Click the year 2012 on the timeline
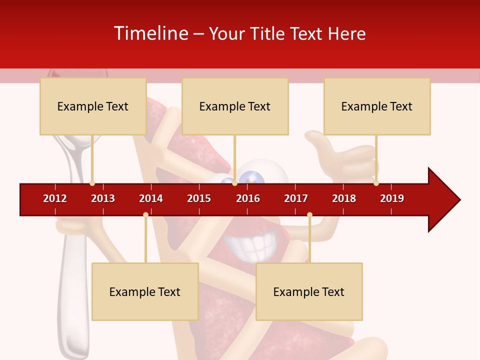tap(55, 198)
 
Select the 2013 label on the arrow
tap(103, 198)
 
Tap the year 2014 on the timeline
tap(151, 198)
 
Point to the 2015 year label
tap(199, 198)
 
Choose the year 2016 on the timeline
tap(248, 198)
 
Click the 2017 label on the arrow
tap(296, 198)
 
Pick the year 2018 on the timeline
tap(344, 198)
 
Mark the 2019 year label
tap(392, 198)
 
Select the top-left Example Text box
tap(93, 106)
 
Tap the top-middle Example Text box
tap(235, 106)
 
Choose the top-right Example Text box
tap(377, 106)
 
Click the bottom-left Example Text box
tap(145, 292)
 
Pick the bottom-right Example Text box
tap(309, 292)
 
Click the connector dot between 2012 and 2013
tap(92, 183)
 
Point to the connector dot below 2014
tap(145, 215)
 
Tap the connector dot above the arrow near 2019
tap(376, 183)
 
